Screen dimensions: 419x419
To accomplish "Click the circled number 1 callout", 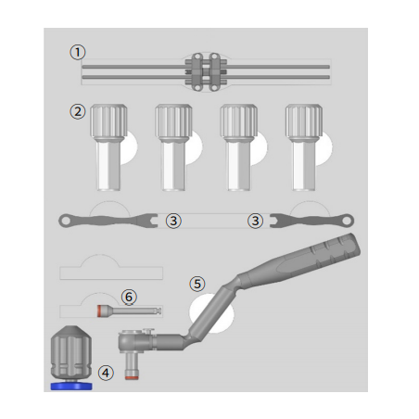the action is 78,52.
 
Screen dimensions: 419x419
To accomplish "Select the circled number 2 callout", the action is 78,111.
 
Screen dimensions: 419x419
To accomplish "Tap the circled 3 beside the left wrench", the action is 173,221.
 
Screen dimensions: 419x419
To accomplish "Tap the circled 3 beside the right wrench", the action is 255,221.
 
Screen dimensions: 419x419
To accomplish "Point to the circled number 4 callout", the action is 106,373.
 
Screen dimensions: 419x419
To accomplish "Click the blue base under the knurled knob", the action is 71,386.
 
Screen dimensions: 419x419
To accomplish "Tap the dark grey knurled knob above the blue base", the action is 71,352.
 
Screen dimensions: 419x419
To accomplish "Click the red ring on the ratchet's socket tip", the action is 132,377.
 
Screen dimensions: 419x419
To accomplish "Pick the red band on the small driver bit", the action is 99,311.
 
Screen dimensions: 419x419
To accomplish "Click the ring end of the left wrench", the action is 65,221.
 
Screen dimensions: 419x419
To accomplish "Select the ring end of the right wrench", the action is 347,221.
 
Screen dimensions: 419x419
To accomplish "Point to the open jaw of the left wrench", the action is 150,221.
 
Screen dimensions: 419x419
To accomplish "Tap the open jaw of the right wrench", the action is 277,221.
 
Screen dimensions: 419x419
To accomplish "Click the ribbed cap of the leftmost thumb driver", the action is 108,121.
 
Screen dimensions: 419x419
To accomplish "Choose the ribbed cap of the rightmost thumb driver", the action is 304,121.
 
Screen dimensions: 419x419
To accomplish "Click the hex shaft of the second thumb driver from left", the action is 173,165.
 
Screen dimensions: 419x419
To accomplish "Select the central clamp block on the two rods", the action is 206,72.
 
